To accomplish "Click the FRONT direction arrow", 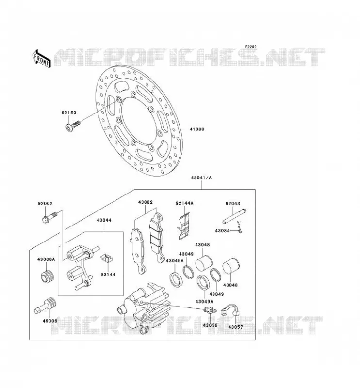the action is [41, 59].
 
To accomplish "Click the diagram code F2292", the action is [251, 47].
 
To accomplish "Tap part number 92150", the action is [69, 113].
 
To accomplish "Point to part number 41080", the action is [197, 129].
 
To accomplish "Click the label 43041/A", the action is [201, 178].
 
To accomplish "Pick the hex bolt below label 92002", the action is [49, 217].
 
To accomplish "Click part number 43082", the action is [146, 202].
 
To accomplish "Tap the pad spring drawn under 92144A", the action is [184, 226].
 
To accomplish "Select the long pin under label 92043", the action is [234, 215].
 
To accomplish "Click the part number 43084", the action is [222, 231].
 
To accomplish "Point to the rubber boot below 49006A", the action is [47, 277].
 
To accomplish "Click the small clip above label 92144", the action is [107, 259].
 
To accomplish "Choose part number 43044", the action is [104, 220].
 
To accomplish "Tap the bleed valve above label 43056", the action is [210, 310].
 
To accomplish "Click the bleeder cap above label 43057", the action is [230, 309].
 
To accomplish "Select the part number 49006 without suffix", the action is [50, 321].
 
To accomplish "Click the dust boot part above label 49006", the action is [45, 306].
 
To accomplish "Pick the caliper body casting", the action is [143, 307].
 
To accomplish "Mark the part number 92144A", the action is [184, 203].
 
